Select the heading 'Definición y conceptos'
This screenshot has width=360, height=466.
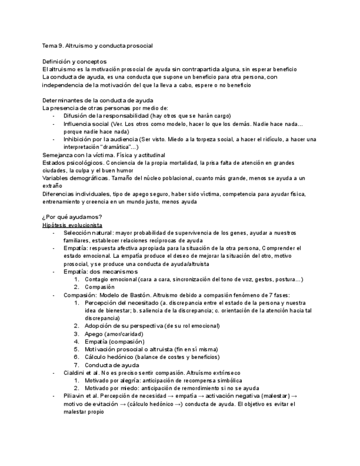tap(75, 62)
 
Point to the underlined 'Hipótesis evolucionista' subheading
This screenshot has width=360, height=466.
tap(73, 225)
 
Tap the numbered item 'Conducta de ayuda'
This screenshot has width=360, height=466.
tap(112, 365)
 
